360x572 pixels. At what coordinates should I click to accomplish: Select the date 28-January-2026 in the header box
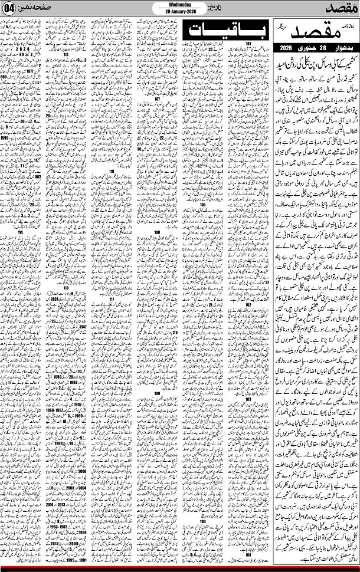(x=179, y=12)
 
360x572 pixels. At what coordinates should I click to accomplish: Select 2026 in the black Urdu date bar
(x=292, y=47)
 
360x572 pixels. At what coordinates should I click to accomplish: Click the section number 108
(x=158, y=233)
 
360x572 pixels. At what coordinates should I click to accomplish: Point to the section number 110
(x=112, y=170)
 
